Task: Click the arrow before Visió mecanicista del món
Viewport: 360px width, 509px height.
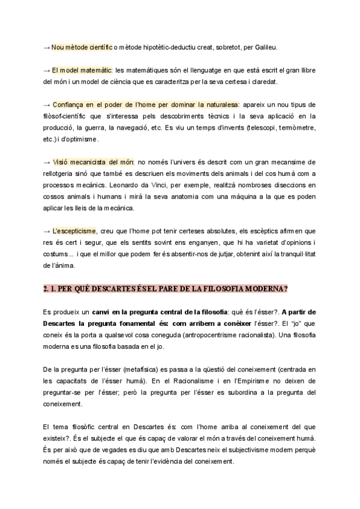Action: click(x=47, y=162)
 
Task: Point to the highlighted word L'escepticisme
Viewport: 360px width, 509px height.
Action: click(x=74, y=231)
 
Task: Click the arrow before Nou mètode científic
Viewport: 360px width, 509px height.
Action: click(x=47, y=47)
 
